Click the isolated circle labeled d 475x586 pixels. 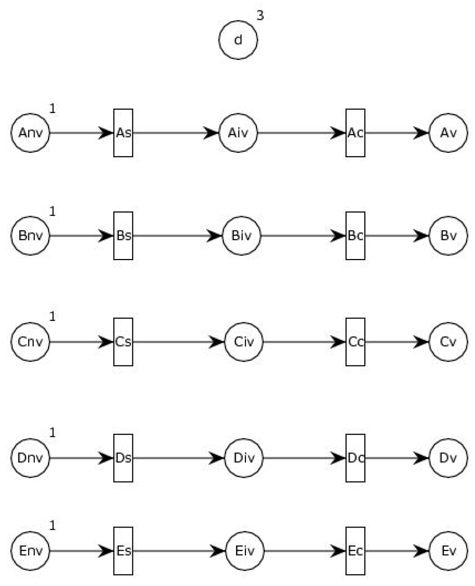[238, 40]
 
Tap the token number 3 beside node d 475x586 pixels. [260, 15]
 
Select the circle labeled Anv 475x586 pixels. [30, 133]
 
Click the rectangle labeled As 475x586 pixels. [123, 133]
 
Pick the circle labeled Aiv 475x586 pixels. [238, 133]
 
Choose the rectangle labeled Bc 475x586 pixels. [355, 236]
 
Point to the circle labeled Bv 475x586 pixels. [448, 236]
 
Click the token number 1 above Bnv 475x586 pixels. [52, 211]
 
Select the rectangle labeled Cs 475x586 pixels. [123, 342]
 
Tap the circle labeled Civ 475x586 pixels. [244, 342]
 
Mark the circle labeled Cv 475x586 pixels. [448, 342]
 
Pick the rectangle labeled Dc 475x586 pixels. [355, 458]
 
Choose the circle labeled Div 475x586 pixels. [244, 458]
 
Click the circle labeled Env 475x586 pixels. [30, 551]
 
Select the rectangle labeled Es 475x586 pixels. [123, 551]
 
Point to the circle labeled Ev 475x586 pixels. [448, 551]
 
